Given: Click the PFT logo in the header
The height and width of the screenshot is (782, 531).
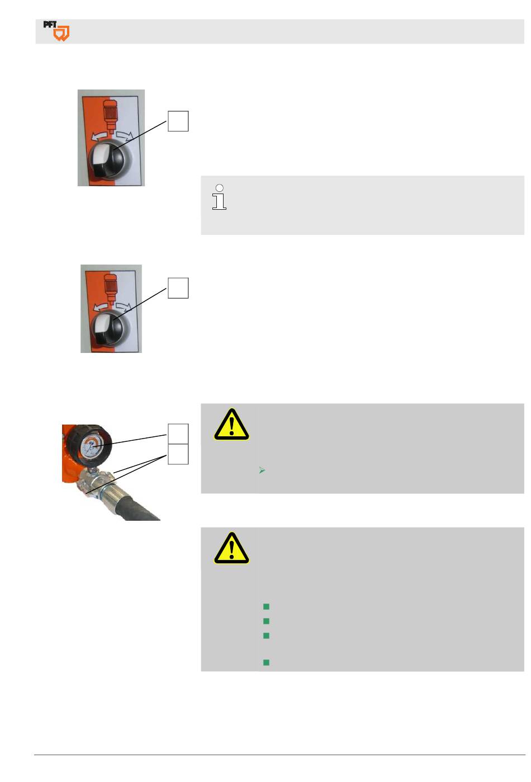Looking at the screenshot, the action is tap(56, 31).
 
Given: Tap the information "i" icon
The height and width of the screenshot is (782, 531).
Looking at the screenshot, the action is tap(219, 197).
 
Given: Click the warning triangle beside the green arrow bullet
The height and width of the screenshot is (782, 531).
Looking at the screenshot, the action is tap(231, 425).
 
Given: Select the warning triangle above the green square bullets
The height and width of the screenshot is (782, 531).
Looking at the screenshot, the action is tap(231, 548).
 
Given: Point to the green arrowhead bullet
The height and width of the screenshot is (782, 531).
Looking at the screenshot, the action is tap(262, 470).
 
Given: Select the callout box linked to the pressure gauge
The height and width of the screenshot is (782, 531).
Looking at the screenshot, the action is tap(178, 434).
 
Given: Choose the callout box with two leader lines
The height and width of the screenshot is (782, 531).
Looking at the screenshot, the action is tap(178, 454).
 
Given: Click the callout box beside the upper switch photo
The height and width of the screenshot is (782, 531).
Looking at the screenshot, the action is tap(178, 121).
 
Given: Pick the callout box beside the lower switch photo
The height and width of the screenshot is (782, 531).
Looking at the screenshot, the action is tap(178, 288).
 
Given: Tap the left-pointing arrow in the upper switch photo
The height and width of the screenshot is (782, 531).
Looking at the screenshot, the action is tap(99, 136).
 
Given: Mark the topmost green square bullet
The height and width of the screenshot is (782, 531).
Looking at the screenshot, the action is tap(266, 606).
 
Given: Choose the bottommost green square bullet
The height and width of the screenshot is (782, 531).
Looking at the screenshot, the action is tap(266, 662).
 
